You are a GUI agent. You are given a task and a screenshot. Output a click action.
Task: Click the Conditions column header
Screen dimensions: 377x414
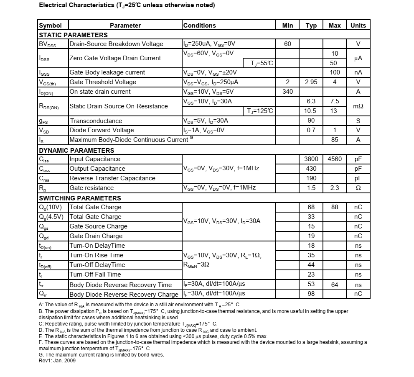point(200,26)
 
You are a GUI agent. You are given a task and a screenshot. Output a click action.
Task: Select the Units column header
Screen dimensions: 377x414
point(358,26)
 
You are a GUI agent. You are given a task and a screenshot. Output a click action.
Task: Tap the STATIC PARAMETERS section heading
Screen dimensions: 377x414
point(73,35)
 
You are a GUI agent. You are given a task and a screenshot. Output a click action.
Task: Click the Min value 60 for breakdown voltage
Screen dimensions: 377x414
point(287,44)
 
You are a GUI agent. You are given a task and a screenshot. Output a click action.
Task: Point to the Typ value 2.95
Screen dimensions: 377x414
point(311,82)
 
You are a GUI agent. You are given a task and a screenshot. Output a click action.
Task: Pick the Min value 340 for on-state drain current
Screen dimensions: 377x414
point(287,92)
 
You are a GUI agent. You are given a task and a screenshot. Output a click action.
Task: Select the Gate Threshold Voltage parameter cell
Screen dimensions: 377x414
point(103,82)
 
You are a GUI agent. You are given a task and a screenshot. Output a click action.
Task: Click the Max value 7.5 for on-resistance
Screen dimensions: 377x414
point(335,101)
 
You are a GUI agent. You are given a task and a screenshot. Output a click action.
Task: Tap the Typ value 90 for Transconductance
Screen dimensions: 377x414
point(311,121)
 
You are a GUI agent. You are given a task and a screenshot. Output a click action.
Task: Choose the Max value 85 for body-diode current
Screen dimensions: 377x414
point(335,140)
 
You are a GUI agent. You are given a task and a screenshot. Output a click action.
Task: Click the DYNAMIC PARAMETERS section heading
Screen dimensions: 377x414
point(76,150)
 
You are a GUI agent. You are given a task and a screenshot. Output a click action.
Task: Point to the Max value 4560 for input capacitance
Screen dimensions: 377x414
point(335,159)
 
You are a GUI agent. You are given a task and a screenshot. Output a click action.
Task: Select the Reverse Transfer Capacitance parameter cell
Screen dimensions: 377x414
point(112,178)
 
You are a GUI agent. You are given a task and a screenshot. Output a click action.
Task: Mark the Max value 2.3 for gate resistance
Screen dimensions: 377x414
point(335,188)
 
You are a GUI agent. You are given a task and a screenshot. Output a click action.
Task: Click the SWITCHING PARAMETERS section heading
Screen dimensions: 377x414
point(80,198)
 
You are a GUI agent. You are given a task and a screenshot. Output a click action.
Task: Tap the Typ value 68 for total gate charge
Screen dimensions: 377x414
point(311,207)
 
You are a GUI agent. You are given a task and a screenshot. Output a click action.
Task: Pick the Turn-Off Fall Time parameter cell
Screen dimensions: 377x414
point(95,274)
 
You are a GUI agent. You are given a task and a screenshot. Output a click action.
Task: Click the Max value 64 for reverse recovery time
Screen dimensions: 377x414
point(335,285)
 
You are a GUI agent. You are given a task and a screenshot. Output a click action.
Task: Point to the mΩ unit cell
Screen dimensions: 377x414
point(358,106)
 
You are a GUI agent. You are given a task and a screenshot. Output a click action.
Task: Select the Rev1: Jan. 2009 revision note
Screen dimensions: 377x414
point(57,361)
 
